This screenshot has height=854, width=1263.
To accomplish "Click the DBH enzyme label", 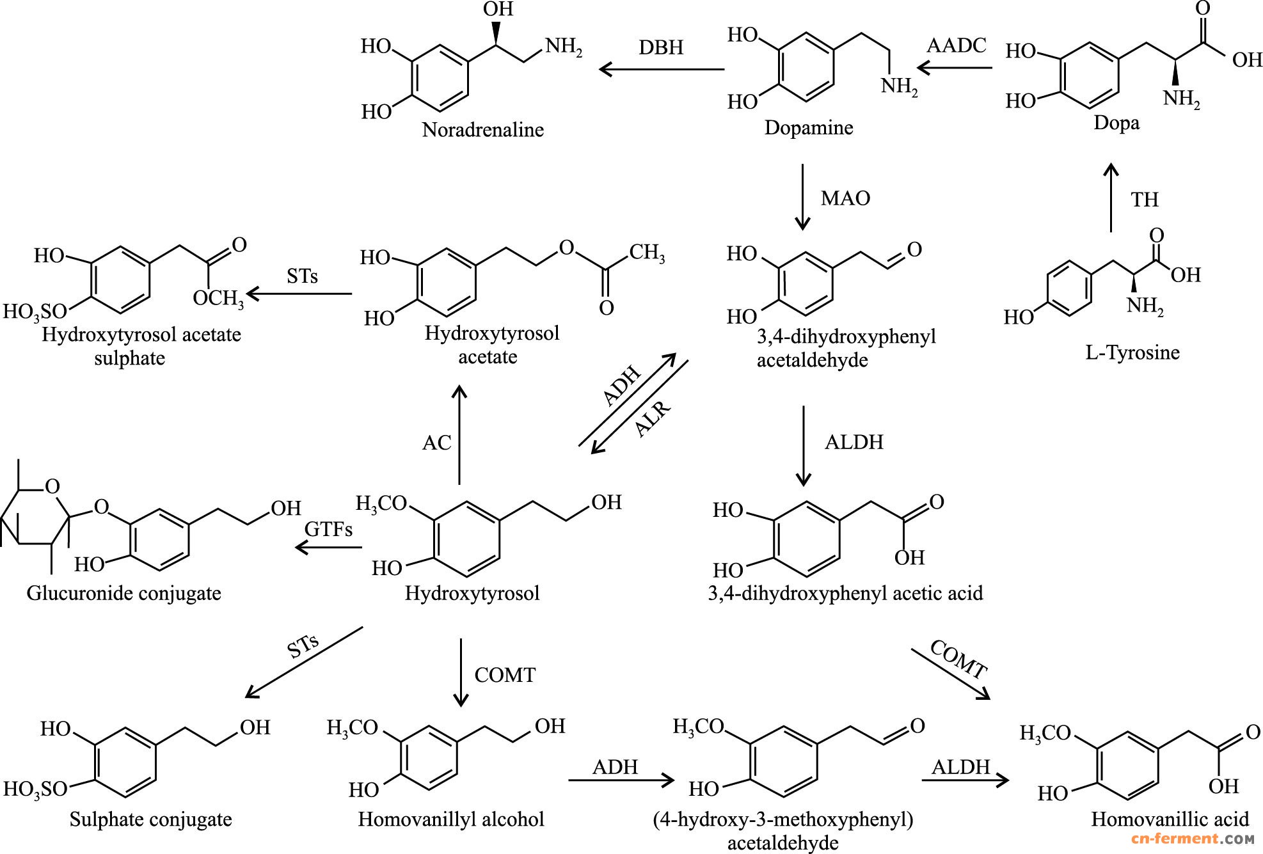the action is pos(661,47).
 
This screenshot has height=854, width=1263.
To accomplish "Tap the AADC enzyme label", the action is pos(957,45).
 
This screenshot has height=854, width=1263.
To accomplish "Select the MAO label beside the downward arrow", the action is pos(845,198).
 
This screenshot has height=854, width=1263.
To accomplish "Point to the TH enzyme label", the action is pos(1145,200).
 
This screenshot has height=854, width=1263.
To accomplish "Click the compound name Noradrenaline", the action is pos(482,130).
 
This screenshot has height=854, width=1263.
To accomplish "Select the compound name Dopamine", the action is pos(809,127).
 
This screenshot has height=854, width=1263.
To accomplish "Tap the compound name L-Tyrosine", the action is pos(1132,352).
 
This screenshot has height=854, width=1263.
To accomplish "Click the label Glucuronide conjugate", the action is pos(123,593).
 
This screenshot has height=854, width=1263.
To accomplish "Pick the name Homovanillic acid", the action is pos(1170,819).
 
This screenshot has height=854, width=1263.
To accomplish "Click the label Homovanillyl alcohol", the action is pos(450,819).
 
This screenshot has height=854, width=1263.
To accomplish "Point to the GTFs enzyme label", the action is pos(328,529).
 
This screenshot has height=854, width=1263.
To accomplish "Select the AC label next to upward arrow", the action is pos(437,443).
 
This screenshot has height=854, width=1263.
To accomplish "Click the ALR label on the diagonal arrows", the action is pos(652,419).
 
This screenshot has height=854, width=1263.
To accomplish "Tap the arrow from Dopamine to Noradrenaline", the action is pos(661,69).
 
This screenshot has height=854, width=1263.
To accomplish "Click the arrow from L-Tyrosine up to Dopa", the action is pos(1111,197).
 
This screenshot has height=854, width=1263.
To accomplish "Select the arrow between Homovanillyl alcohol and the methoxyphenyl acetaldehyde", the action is pos(621,780).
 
